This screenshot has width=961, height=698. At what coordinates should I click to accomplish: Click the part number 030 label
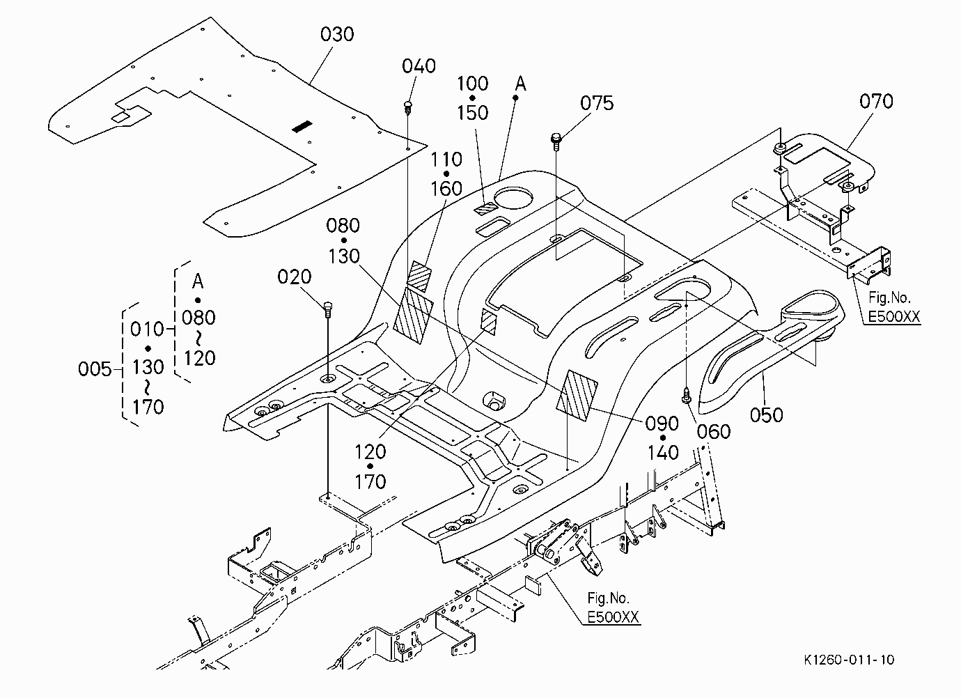pyautogui.click(x=337, y=34)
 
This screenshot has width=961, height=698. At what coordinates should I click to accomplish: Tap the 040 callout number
pyautogui.click(x=419, y=66)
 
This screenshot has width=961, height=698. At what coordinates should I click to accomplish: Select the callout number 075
pyautogui.click(x=597, y=103)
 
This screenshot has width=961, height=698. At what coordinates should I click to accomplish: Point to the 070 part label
pyautogui.click(x=876, y=101)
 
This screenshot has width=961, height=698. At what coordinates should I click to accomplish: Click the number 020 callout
pyautogui.click(x=295, y=277)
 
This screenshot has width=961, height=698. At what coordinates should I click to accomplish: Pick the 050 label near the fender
pyautogui.click(x=766, y=415)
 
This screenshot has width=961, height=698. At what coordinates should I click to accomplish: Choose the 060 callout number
pyautogui.click(x=714, y=432)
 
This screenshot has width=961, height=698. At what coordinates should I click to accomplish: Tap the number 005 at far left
pyautogui.click(x=95, y=369)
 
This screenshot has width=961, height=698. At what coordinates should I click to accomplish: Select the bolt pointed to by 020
pyautogui.click(x=328, y=309)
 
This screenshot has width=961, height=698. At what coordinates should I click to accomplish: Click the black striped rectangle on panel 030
pyautogui.click(x=302, y=126)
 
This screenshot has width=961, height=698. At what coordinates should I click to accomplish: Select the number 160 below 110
pyautogui.click(x=446, y=189)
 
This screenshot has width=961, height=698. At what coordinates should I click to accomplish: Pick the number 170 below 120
pyautogui.click(x=370, y=481)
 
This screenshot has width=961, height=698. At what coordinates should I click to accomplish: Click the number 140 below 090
pyautogui.click(x=663, y=453)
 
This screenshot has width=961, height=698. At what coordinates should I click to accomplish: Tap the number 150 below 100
pyautogui.click(x=472, y=113)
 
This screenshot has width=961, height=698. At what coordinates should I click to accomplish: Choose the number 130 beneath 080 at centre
pyautogui.click(x=343, y=256)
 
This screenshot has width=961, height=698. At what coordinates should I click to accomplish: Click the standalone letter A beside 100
pyautogui.click(x=520, y=84)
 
